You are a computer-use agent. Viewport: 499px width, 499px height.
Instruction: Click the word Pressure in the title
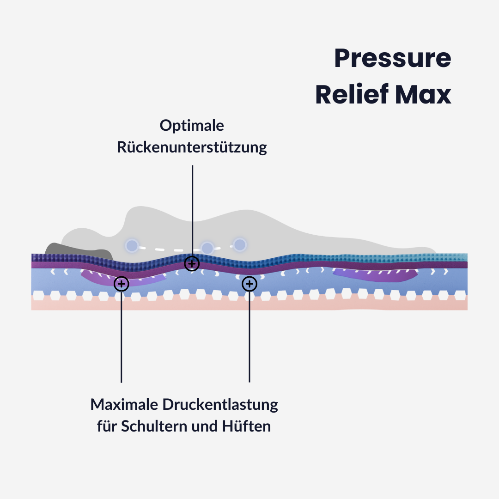point(392,59)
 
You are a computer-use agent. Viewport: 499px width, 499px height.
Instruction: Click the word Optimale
point(192,125)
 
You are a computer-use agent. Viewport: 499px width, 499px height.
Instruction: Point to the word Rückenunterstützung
point(192,147)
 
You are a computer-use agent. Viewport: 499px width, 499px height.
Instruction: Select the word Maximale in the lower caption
point(124,405)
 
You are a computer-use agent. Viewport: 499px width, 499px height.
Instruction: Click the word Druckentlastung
point(220,405)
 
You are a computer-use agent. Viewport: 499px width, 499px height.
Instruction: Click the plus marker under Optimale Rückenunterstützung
point(192,264)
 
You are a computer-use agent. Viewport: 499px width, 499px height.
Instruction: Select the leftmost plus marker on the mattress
point(121,284)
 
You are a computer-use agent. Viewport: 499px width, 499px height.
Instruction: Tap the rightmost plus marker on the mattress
point(249,284)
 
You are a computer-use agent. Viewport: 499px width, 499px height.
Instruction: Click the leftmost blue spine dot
point(132,245)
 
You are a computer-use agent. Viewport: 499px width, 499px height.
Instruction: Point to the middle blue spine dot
point(207,248)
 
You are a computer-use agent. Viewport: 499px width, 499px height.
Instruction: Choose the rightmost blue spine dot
point(239,244)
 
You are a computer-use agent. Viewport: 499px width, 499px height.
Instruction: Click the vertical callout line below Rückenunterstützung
point(192,208)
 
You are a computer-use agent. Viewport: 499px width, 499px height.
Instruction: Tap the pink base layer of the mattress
point(249,304)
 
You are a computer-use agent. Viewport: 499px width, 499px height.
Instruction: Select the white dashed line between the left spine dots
point(169,250)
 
